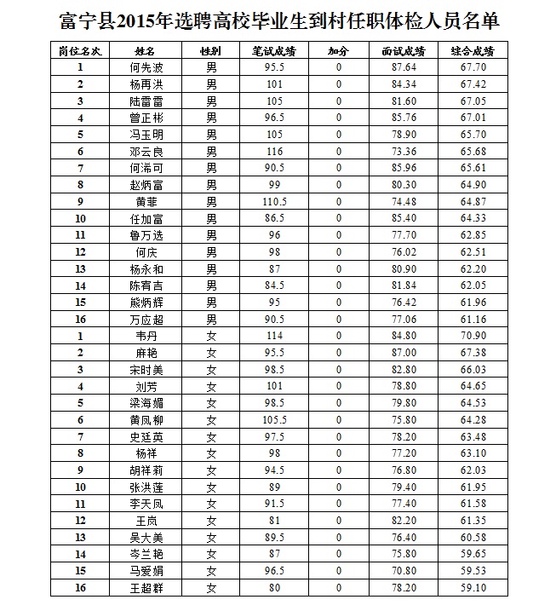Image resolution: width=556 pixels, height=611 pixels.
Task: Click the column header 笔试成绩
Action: click(273, 51)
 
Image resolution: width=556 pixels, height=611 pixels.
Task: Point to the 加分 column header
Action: click(338, 51)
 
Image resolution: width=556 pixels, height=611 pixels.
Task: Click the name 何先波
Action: click(146, 67)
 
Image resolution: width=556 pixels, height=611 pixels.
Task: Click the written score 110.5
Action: click(273, 202)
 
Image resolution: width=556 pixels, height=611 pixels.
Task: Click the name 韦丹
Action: click(146, 337)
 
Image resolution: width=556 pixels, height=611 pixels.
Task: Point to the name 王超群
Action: click(146, 588)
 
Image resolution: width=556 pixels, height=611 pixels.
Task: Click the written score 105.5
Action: click(273, 420)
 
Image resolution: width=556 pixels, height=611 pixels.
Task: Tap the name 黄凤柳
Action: click(146, 420)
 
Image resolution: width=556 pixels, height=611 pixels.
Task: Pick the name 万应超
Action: click(146, 320)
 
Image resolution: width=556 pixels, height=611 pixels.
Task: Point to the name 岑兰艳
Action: click(146, 554)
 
